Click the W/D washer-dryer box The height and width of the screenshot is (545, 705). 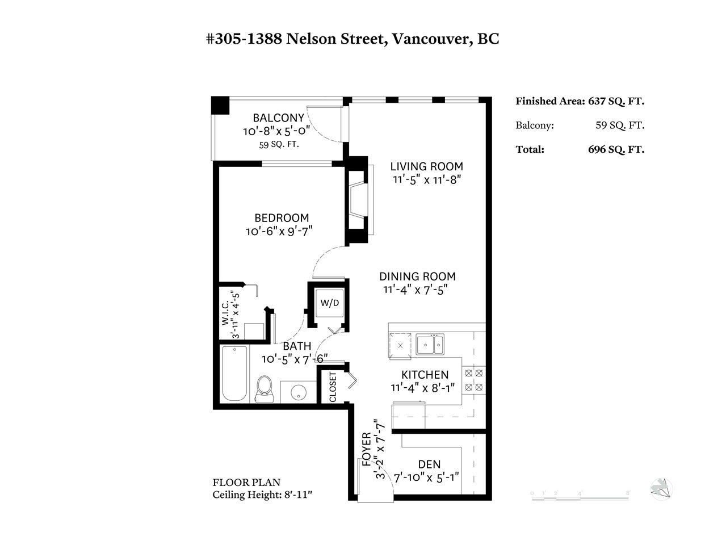coord(330,303)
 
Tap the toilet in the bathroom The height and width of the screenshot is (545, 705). coord(265,389)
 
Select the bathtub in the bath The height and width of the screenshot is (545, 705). coord(234,374)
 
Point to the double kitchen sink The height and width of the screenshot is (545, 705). coord(430,344)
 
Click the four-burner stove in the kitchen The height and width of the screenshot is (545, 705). coord(473,380)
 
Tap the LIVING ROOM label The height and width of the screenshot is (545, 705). coord(426,166)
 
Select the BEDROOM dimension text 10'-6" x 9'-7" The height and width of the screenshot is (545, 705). coord(279,232)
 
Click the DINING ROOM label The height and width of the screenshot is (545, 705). coord(417,276)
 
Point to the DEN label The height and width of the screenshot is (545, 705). coord(429,464)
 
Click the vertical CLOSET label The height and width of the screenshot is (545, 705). coord(333,387)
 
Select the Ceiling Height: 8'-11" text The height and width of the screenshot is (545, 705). coord(262,494)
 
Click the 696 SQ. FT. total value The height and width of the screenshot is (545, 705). coord(616,149)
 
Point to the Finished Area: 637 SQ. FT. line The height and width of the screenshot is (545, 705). coord(580,102)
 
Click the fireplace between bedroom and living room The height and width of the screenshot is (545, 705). coord(359,200)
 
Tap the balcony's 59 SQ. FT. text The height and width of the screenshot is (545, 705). coord(279,144)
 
